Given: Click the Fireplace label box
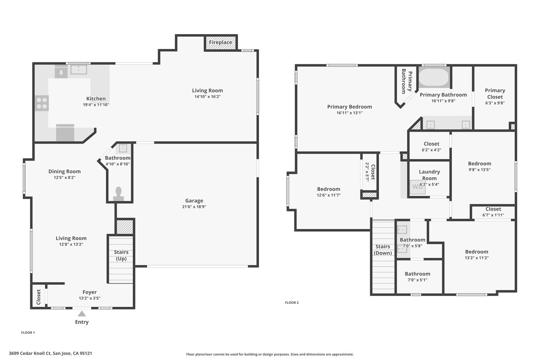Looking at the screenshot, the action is [x=221, y=43].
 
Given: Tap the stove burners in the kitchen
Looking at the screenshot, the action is [x=42, y=103].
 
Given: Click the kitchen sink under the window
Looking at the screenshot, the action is [x=79, y=70].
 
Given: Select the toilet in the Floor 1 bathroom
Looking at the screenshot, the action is [x=119, y=194].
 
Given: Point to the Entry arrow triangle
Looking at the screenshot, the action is [x=82, y=314].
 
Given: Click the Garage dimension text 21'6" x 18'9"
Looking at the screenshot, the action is [x=194, y=207].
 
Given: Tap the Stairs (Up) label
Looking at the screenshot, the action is [x=121, y=255].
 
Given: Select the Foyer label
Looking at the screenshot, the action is [x=89, y=292].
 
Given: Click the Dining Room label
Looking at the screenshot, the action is [x=65, y=171].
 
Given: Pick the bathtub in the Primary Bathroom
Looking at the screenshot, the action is [x=434, y=77].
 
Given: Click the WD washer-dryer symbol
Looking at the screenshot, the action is [x=418, y=187].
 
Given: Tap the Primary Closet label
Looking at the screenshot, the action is [x=495, y=94].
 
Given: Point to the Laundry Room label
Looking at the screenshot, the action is [x=429, y=175].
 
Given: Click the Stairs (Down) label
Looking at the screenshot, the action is [x=383, y=250].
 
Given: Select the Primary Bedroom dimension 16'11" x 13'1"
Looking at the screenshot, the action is [x=350, y=113].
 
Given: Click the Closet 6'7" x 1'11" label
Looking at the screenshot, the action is [x=493, y=212].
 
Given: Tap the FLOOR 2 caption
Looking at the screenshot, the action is [x=292, y=303].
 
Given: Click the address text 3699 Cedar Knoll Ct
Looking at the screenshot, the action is [x=30, y=353].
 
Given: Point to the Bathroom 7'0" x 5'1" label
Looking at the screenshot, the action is [x=418, y=277].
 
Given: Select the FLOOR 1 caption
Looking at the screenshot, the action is [x=28, y=333].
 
